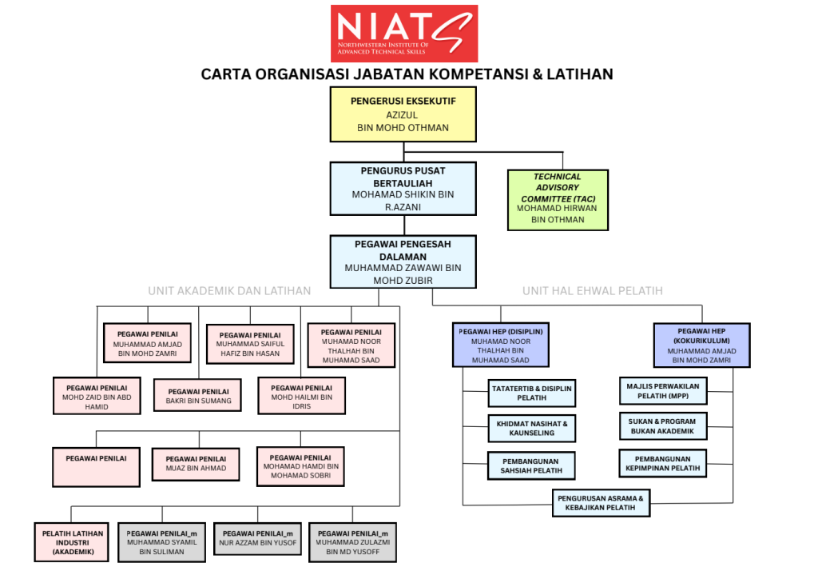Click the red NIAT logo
click(404, 34)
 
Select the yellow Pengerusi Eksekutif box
click(403, 114)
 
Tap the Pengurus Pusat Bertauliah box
click(403, 188)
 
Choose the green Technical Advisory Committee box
click(558, 199)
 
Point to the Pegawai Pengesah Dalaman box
click(403, 261)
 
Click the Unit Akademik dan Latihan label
click(229, 290)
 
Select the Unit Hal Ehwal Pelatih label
click(593, 290)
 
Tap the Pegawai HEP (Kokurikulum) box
click(701, 345)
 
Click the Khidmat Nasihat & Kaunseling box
click(531, 428)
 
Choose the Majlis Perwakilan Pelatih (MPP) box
click(663, 391)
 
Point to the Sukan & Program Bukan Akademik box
click(663, 425)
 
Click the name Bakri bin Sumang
click(198, 401)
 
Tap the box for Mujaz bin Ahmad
click(196, 469)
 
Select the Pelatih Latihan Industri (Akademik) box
click(70, 541)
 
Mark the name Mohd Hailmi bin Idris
click(301, 401)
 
